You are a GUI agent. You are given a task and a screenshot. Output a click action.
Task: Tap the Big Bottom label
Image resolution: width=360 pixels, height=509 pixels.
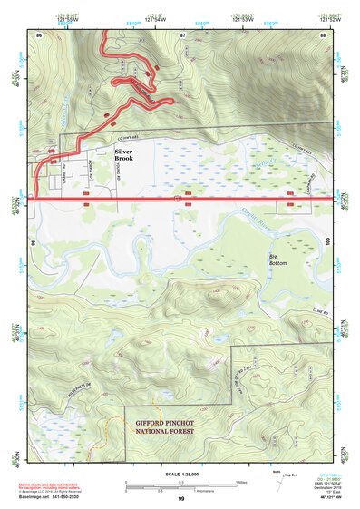pos(279,260)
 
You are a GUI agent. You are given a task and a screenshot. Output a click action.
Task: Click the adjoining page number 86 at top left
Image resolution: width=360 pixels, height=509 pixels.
pos(39,34)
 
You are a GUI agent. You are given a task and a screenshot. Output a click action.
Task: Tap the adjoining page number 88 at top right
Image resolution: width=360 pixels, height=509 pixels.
pos(324,34)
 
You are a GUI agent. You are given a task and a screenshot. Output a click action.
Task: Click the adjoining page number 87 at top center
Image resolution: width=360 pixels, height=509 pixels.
pos(182,34)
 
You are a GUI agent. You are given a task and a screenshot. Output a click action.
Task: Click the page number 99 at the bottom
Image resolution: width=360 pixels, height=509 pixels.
pos(180,499)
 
